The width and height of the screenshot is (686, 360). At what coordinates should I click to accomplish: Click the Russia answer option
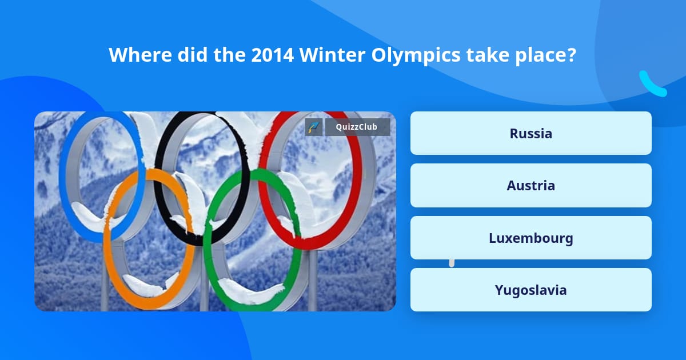click(531, 133)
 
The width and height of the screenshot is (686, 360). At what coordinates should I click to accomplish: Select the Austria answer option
click(531, 185)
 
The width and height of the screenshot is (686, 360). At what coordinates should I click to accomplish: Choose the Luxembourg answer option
click(531, 238)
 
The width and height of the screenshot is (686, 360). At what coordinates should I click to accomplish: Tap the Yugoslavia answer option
click(531, 290)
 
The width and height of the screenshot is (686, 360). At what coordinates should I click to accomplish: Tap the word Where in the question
click(139, 55)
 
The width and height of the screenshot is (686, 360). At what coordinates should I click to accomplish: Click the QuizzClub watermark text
click(357, 127)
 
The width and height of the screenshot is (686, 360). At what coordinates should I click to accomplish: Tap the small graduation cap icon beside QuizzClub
click(314, 127)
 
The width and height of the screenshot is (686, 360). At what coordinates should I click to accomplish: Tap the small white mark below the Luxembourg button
click(452, 263)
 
